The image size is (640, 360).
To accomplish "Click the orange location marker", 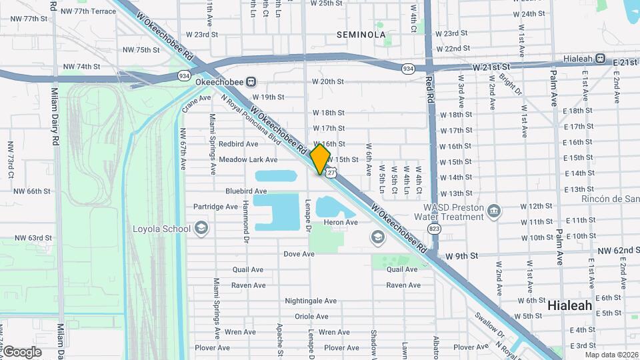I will pyautogui.click(x=320, y=160).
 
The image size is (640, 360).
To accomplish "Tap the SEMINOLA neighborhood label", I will pyautogui.click(x=361, y=34).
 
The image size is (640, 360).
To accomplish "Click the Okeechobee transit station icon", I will pyautogui.click(x=251, y=82).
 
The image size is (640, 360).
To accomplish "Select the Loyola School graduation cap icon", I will pyautogui.click(x=201, y=229).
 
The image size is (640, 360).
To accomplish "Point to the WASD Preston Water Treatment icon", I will pyautogui.click(x=493, y=211).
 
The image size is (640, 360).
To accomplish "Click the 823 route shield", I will pyautogui.click(x=435, y=229).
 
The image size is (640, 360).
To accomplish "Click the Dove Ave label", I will pyautogui.click(x=299, y=254).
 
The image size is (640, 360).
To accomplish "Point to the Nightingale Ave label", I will pyautogui.click(x=311, y=301).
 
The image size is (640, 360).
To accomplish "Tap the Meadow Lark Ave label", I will pyautogui.click(x=248, y=160).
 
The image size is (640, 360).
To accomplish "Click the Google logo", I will pyautogui.click(x=22, y=352).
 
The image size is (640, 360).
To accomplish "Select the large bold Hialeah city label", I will pyautogui.click(x=570, y=305).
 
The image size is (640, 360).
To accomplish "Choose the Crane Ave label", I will pyautogui.click(x=196, y=103).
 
